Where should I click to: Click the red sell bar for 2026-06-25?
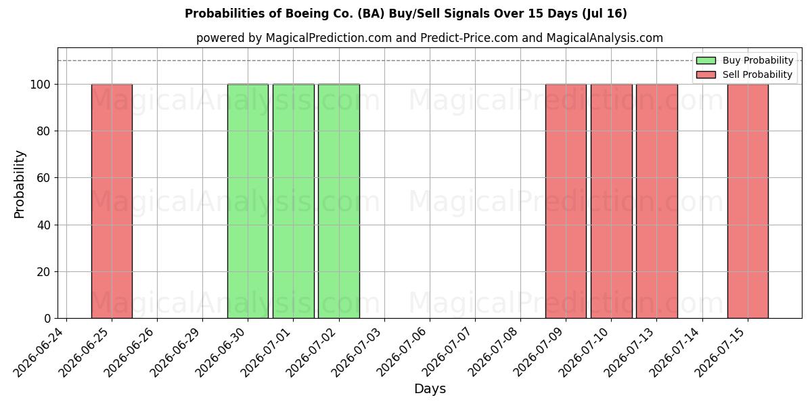[112, 201]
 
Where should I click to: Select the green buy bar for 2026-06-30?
[248, 201]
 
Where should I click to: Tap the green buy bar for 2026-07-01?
[294, 201]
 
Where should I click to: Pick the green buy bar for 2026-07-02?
[339, 201]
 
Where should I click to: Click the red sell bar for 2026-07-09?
[566, 201]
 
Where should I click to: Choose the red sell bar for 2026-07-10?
[612, 201]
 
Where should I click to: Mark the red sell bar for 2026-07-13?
[657, 201]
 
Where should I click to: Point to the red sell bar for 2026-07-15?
[748, 201]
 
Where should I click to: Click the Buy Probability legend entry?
[744, 60]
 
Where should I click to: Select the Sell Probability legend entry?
[744, 74]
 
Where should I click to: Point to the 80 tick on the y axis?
[55, 131]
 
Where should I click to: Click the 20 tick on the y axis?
[55, 271]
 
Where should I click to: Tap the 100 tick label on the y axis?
[40, 85]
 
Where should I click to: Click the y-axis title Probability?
[19, 185]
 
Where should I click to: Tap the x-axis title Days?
[430, 389]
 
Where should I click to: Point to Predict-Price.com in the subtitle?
[469, 38]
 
